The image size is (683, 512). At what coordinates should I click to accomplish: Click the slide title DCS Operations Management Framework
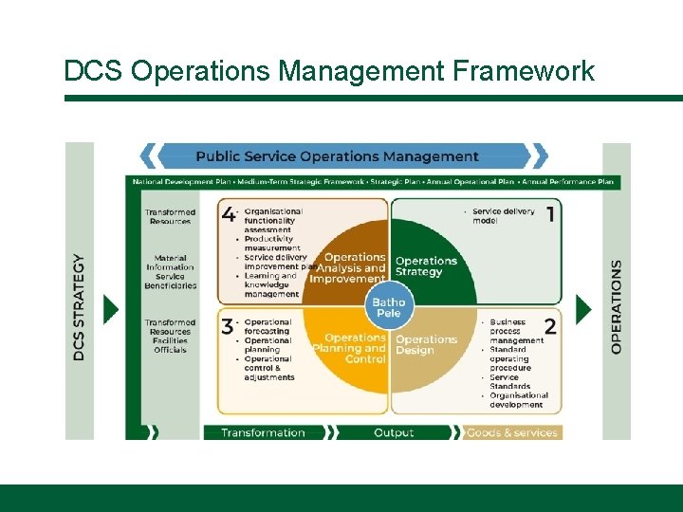329,71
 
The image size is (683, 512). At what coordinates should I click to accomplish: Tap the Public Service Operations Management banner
337,156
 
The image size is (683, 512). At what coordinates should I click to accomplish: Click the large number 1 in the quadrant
549,214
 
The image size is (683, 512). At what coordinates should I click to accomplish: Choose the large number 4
228,214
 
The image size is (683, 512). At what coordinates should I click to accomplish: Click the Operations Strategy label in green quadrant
426,266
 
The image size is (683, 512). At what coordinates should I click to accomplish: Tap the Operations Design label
426,345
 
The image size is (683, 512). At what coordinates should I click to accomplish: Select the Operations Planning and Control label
354,348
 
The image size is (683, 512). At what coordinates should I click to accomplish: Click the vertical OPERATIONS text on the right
617,307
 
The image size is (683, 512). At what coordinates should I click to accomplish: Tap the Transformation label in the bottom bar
263,433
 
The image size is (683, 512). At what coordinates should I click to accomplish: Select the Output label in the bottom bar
394,433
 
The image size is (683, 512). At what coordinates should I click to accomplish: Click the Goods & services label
513,433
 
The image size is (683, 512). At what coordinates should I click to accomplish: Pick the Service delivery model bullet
504,216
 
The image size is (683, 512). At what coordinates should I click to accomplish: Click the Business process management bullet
517,331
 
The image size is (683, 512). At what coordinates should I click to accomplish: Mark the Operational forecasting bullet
268,327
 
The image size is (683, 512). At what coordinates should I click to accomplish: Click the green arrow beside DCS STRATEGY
111,309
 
